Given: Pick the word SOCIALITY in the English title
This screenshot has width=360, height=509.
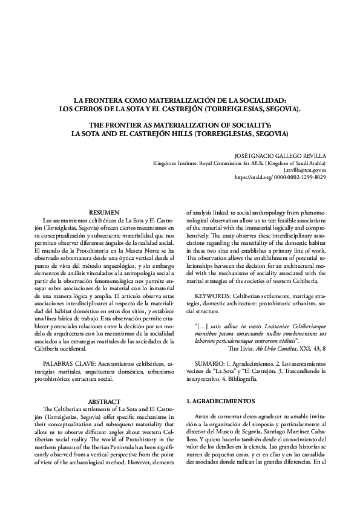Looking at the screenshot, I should click(x=262, y=123).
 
